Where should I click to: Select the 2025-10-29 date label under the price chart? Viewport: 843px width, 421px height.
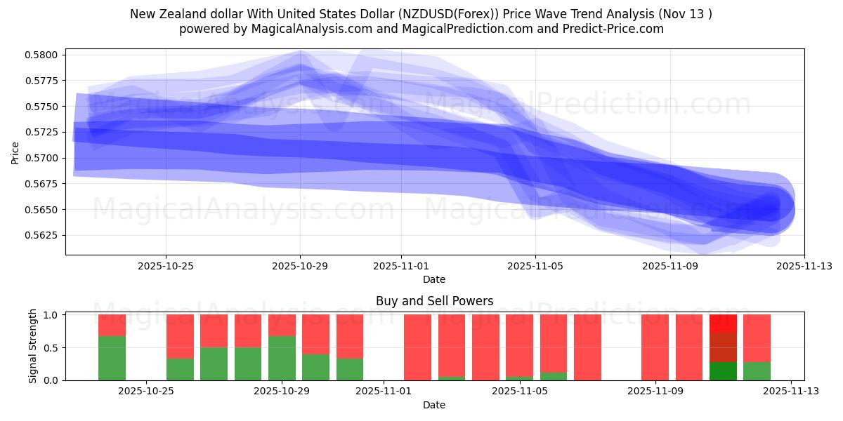tap(300, 266)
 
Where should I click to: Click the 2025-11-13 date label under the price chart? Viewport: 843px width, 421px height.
tap(804, 266)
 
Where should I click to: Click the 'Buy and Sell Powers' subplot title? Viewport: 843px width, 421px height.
tap(434, 301)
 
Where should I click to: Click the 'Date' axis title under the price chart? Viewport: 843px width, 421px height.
tap(434, 279)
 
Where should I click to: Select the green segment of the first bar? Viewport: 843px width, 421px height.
tap(112, 358)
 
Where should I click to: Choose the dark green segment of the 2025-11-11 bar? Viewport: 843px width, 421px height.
tap(723, 371)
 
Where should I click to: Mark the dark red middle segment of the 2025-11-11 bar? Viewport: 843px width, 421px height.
tap(723, 347)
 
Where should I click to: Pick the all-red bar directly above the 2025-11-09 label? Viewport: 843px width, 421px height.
tap(655, 347)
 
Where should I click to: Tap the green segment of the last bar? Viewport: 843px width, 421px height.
tap(757, 371)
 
